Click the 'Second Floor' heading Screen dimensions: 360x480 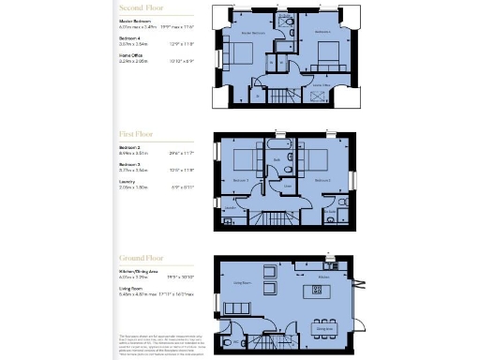139,7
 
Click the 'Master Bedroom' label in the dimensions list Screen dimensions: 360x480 135,20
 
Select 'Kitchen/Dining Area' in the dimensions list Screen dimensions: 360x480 139,273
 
